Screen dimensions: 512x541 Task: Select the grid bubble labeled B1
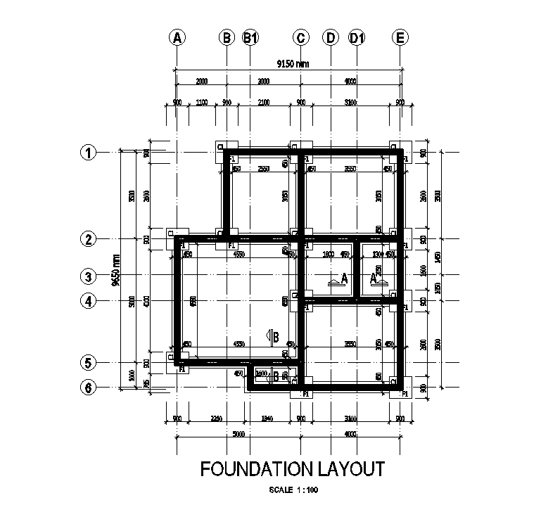250,38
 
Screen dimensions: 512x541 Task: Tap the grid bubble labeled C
300,38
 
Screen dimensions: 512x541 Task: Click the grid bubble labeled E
400,38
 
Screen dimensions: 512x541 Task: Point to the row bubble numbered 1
89,152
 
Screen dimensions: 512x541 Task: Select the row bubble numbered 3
89,276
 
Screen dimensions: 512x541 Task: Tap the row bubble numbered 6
89,388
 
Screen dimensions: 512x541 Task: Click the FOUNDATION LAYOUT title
293,468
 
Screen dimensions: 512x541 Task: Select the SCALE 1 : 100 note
293,490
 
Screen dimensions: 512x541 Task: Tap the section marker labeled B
273,337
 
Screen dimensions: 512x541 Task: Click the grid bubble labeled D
330,38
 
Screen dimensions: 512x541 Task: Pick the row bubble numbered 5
89,363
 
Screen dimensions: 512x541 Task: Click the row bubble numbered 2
89,239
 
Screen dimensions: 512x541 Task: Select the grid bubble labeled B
227,38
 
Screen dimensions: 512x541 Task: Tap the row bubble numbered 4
89,301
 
